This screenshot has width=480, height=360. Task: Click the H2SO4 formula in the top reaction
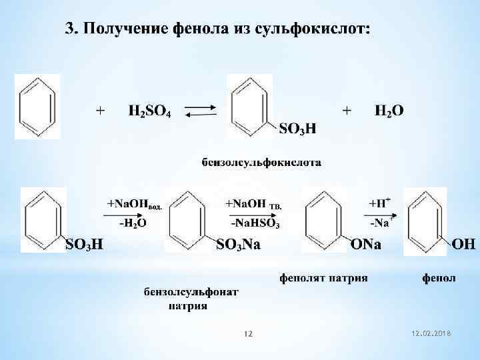point(149,111)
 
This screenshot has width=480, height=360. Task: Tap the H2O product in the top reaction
point(389,111)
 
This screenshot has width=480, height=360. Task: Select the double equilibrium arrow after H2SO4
point(199,111)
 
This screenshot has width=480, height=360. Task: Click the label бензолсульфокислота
point(262,162)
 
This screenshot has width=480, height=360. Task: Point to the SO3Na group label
point(239,245)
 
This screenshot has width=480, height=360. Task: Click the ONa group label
point(366,245)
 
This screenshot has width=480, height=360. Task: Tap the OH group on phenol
point(464,245)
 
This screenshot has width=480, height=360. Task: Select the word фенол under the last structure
point(439,277)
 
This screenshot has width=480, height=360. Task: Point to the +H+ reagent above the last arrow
point(381,202)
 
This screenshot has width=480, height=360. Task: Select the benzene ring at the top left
point(37,107)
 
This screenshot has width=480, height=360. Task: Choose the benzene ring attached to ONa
point(325,220)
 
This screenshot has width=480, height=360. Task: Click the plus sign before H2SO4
point(101,111)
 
